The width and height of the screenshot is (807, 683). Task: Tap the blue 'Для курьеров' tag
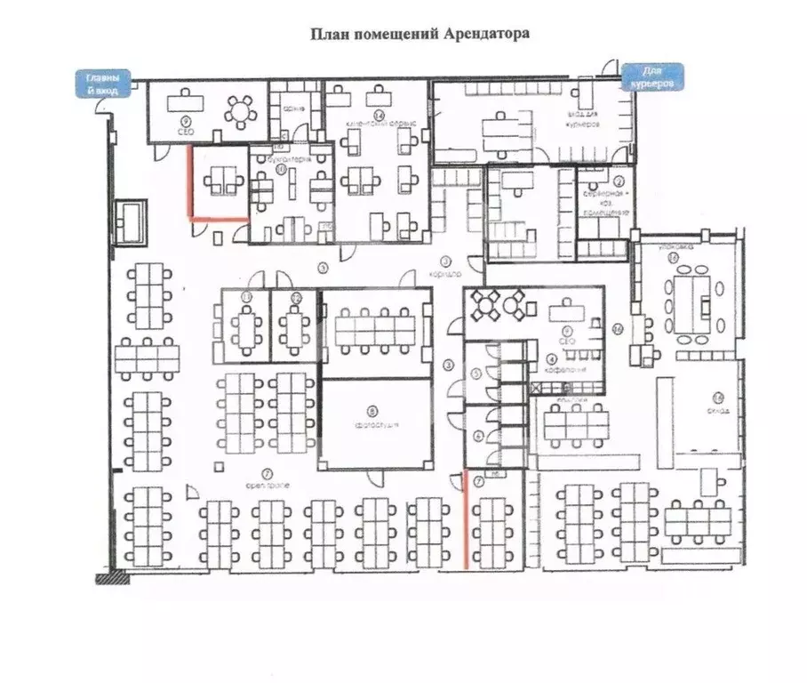(x=652, y=76)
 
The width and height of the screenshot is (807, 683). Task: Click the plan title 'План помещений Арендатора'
(x=419, y=35)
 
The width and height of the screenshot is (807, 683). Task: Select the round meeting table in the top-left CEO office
(x=238, y=110)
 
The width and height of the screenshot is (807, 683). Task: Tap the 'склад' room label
(x=720, y=410)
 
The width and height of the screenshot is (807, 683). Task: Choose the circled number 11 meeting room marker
(x=248, y=296)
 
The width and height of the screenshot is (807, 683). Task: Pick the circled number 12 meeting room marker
(x=298, y=296)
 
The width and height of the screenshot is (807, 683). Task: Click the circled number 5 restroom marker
(x=477, y=374)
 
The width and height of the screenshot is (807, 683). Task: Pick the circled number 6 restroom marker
(x=477, y=435)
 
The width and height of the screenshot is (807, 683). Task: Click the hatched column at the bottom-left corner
(x=112, y=577)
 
